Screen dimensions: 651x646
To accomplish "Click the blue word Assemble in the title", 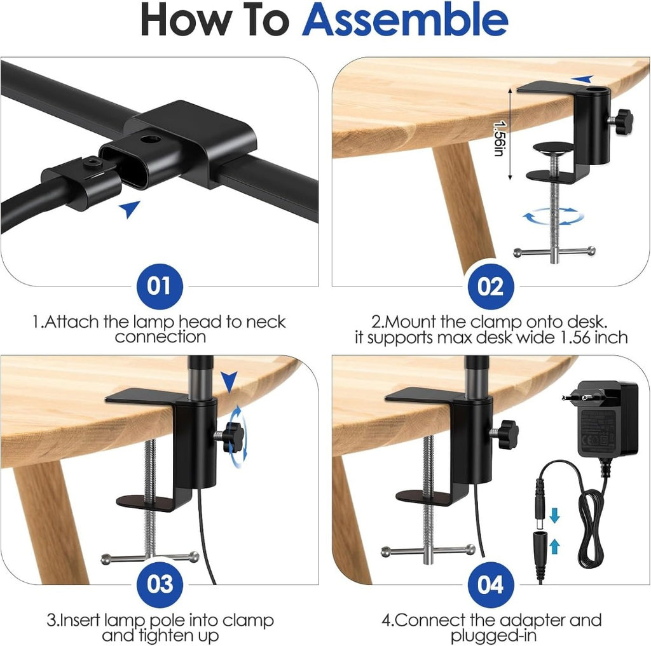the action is (405, 20).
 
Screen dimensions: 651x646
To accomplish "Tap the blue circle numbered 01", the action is (160, 286).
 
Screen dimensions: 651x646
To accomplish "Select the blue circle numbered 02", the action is (490, 286).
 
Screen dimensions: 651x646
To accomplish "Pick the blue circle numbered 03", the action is (160, 584).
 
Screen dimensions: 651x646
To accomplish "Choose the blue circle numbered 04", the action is (490, 584).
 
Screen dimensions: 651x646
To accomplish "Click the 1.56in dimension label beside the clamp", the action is (500, 138).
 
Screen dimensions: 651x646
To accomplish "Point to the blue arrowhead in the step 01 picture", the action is (130, 209).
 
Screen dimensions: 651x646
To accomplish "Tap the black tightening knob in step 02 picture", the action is (623, 121).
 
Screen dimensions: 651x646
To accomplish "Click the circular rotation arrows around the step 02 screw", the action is (553, 216).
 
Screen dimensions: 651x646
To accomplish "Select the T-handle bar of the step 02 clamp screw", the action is (554, 252).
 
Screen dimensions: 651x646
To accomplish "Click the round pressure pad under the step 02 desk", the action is (554, 148).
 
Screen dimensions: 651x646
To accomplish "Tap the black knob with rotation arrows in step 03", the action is (233, 437).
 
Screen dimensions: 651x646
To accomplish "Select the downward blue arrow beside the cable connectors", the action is (554, 515).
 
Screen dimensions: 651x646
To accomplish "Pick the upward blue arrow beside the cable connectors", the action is (554, 546).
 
